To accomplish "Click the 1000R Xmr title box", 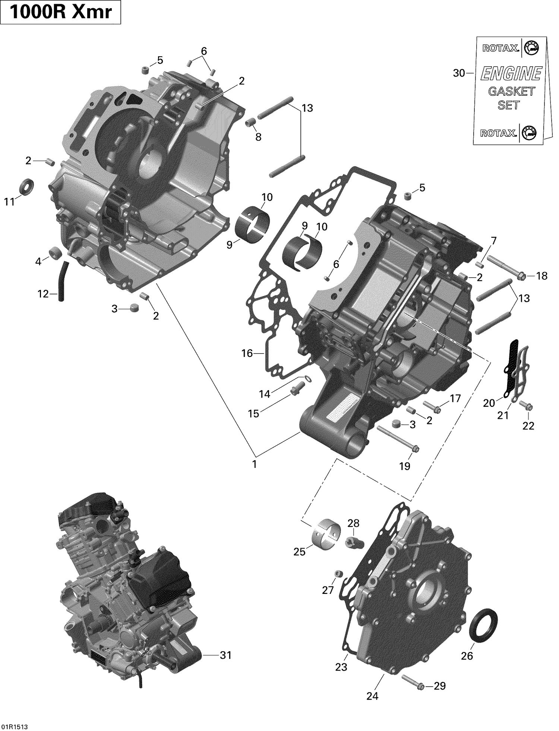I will click(x=60, y=12).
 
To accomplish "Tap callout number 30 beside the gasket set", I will click(x=459, y=73).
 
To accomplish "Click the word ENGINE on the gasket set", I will click(x=511, y=73).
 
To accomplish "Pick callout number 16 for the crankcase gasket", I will click(x=247, y=353).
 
